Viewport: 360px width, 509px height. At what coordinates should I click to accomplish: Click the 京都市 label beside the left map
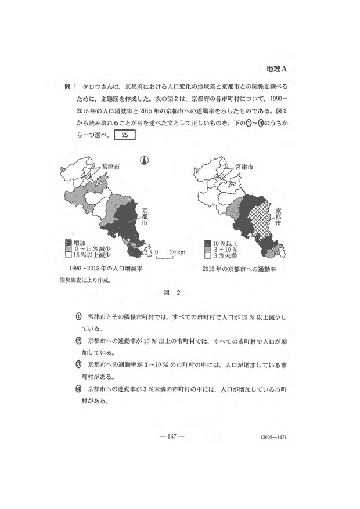click(145, 215)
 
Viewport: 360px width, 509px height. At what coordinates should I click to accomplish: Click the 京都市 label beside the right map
click(280, 215)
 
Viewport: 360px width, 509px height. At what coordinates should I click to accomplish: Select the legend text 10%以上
click(223, 243)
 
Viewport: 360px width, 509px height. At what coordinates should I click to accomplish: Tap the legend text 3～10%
click(222, 250)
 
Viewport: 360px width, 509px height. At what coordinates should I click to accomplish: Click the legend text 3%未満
click(222, 256)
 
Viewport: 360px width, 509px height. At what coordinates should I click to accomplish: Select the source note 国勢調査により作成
click(85, 280)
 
